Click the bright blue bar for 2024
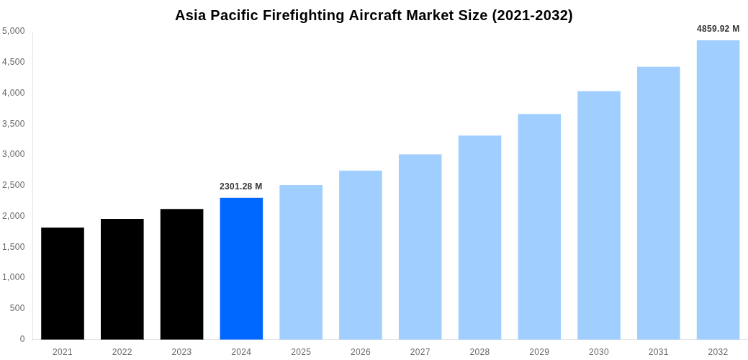(241, 269)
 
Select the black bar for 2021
(63, 283)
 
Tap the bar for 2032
(718, 189)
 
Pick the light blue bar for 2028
(479, 237)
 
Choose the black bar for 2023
(181, 274)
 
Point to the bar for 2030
(599, 215)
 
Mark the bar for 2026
(361, 255)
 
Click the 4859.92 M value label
(718, 29)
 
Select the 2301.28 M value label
(241, 186)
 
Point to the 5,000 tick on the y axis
(14, 31)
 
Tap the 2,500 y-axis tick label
(14, 185)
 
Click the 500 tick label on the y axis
(17, 308)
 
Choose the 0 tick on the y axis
(22, 339)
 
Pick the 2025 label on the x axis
(301, 352)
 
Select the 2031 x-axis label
(658, 352)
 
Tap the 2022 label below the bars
(122, 352)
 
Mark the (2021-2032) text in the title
(532, 15)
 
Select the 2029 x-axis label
(539, 352)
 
